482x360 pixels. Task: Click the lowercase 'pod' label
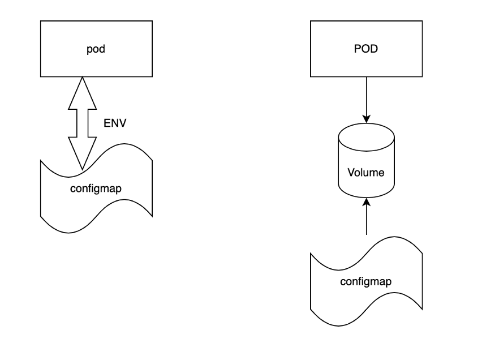pos(96,49)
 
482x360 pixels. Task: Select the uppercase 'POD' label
pos(366,49)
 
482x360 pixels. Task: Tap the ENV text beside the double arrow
pos(115,123)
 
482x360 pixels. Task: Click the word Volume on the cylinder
pos(366,172)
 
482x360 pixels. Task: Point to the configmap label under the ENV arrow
pos(96,188)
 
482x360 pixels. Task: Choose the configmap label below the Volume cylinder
pos(366,282)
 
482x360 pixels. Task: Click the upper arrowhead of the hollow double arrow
pos(83,93)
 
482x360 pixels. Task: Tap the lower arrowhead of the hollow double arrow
pos(83,153)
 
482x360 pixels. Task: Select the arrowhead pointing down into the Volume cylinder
pos(367,119)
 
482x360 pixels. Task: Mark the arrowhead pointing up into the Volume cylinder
pos(367,202)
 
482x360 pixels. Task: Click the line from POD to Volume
pos(367,100)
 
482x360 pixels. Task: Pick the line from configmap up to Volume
pos(367,216)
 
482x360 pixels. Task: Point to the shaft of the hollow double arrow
pos(83,123)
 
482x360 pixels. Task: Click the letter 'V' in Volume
pos(352,172)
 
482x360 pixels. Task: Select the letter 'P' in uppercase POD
pos(358,49)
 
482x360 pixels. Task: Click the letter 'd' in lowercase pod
pos(102,49)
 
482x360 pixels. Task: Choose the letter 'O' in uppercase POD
pos(365,49)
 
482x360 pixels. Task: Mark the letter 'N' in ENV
pos(115,123)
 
